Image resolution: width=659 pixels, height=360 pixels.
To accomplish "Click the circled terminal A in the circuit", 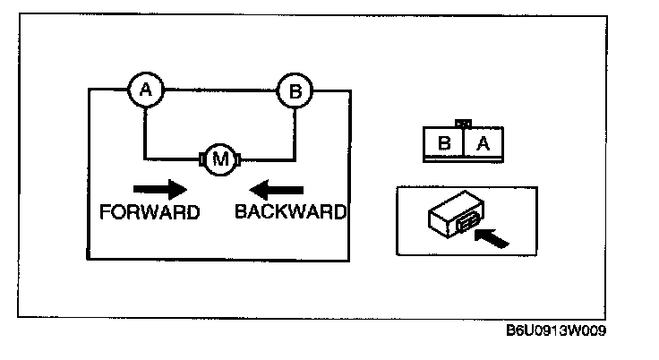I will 145,89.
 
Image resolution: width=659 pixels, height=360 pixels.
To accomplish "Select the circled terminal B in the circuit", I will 294,90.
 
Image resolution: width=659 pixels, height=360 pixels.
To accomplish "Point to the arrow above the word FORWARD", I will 159,189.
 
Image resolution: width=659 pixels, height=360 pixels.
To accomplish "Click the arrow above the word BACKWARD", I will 278,189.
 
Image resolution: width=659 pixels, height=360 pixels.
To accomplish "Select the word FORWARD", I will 150,212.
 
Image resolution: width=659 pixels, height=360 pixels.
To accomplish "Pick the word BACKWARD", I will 290,212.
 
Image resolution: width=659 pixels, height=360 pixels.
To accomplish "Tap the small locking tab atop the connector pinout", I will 463,124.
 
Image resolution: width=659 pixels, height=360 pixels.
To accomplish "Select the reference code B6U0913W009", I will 556,331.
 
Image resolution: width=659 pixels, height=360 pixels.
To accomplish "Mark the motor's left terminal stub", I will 201,160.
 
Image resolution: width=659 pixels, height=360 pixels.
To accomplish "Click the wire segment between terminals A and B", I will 219,89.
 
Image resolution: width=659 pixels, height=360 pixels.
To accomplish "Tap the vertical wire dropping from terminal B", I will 294,134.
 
